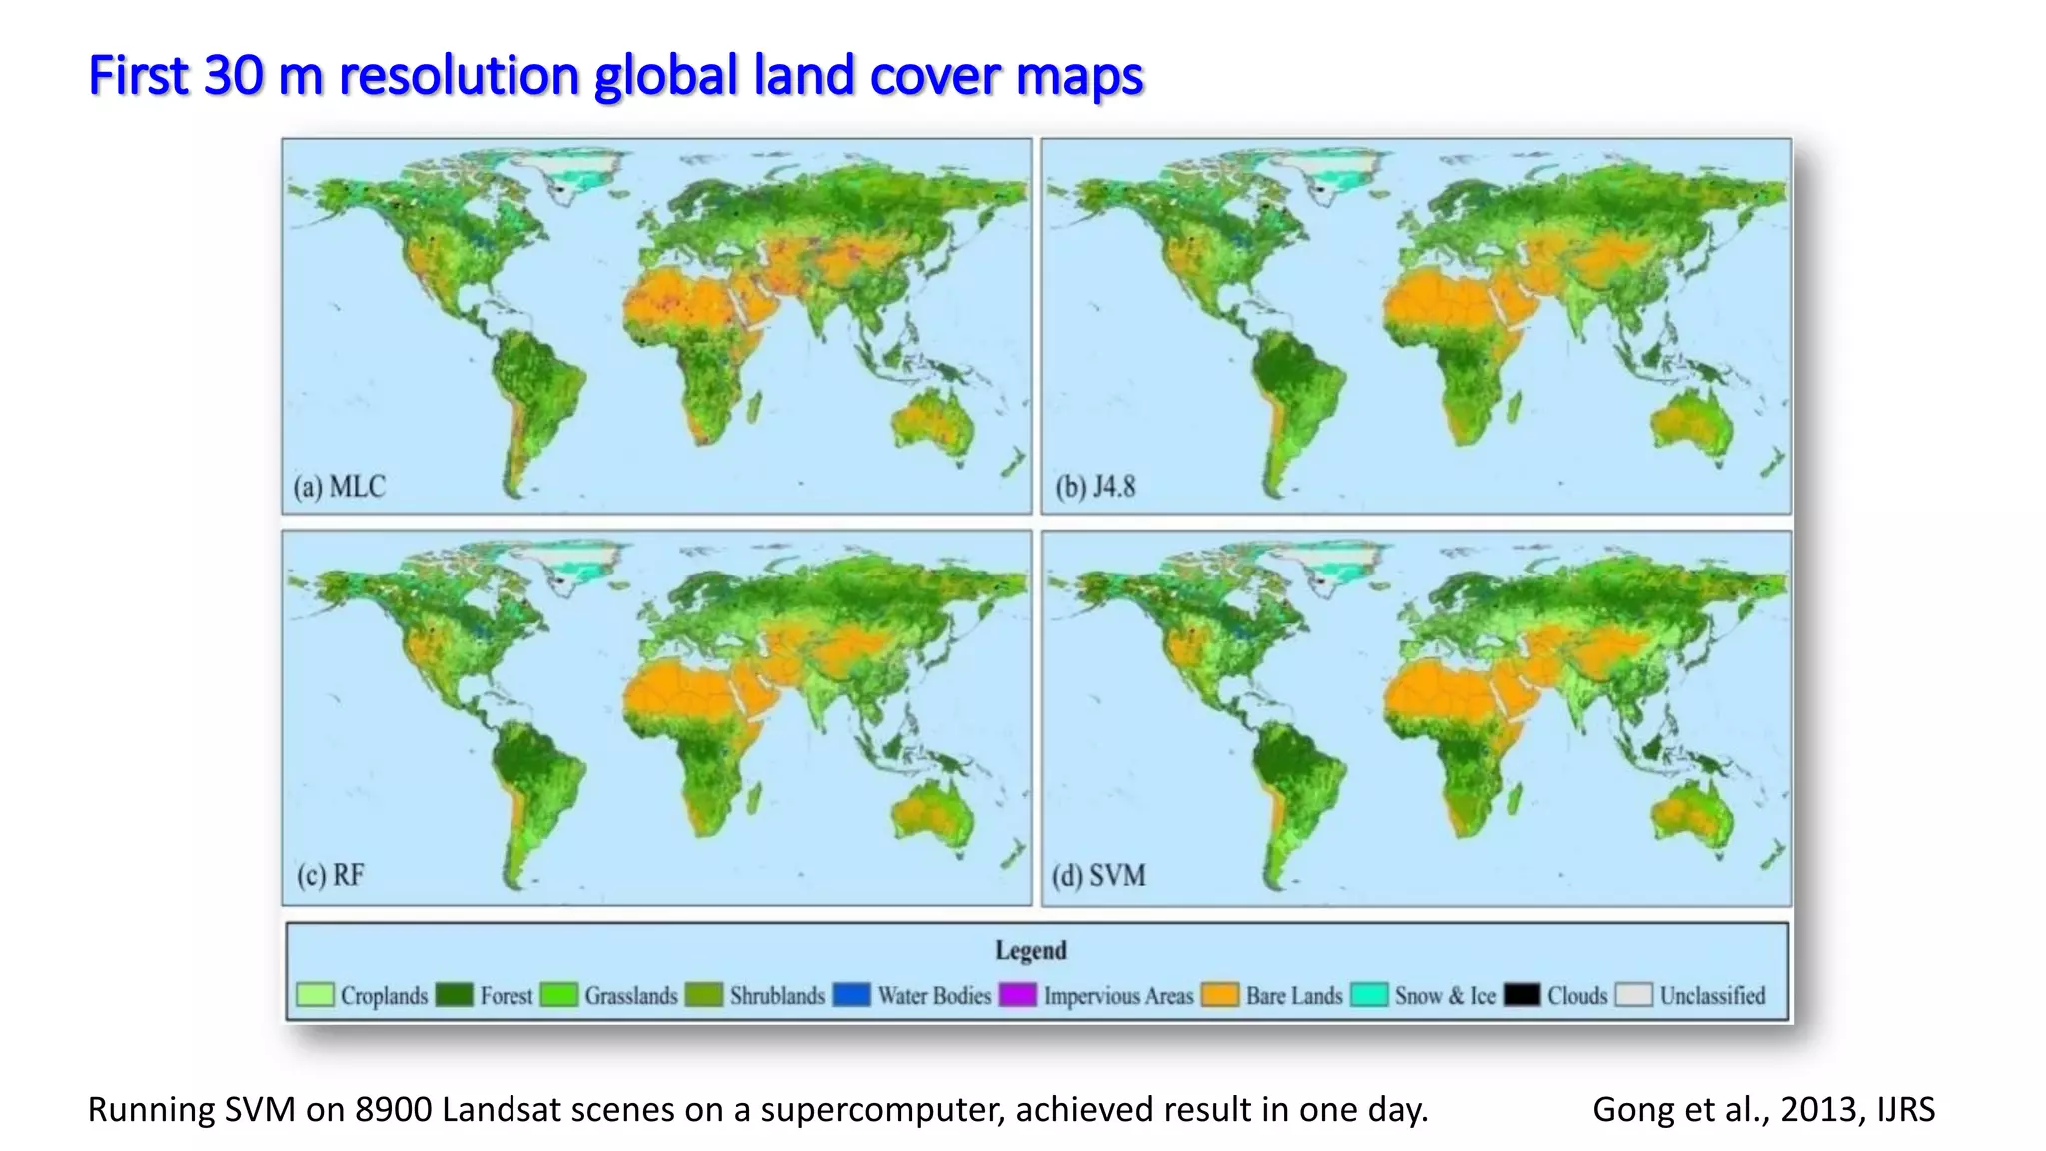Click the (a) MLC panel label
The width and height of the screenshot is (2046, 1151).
(339, 487)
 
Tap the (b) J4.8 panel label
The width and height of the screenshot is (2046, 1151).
(1096, 487)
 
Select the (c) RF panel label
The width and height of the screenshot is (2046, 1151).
(331, 876)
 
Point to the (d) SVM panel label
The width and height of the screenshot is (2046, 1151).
(1098, 876)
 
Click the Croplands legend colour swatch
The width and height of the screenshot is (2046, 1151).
(315, 995)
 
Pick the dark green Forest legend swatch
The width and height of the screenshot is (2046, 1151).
(454, 995)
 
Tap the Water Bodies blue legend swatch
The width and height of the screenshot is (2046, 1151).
(851, 995)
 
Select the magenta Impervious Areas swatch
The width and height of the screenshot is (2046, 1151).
(1017, 995)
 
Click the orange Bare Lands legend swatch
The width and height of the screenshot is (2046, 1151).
(1220, 995)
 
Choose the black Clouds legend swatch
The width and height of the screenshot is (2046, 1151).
(1522, 995)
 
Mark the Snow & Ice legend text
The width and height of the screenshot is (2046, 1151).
(1445, 996)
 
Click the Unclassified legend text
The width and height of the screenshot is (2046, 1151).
(1712, 996)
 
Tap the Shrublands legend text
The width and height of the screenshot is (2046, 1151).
(777, 996)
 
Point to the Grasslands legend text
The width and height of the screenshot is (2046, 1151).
(631, 996)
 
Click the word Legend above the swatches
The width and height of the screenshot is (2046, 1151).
(1030, 950)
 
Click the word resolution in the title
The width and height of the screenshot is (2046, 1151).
(459, 76)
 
